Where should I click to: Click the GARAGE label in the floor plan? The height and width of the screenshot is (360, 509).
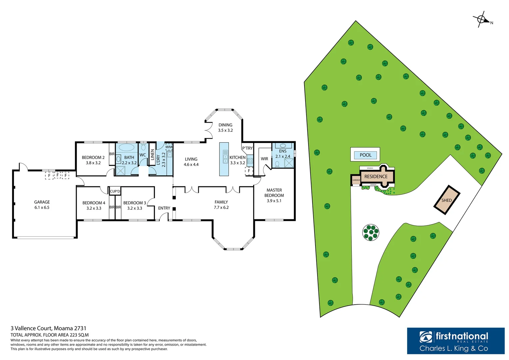[42, 202]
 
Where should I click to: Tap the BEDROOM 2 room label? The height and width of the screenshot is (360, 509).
[93, 157]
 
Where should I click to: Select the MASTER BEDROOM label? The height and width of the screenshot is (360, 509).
[274, 193]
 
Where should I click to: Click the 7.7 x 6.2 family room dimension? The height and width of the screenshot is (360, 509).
[221, 207]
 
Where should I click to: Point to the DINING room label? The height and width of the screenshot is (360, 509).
[226, 125]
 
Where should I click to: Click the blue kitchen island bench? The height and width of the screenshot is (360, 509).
[224, 159]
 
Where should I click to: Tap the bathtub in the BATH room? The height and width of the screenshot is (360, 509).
[127, 148]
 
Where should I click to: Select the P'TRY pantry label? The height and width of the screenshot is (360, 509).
[247, 148]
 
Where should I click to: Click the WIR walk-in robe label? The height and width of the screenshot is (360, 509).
[264, 159]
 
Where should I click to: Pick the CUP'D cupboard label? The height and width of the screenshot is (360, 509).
[115, 191]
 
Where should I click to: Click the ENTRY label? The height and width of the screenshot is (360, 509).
[164, 208]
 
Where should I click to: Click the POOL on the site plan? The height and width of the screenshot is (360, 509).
[365, 155]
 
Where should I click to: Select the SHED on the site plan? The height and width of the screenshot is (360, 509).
[447, 200]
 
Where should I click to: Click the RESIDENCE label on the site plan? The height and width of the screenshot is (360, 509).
[376, 176]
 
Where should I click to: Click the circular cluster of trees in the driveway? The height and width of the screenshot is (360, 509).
[371, 232]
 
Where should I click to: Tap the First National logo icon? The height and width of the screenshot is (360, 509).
[426, 337]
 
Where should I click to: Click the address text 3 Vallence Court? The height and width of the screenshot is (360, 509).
[48, 328]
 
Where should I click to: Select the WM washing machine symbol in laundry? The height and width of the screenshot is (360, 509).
[169, 147]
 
